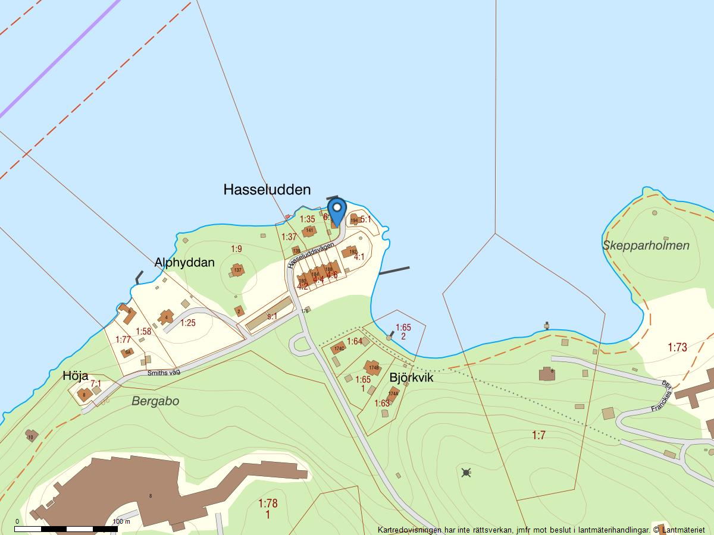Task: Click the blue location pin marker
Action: coord(337,211)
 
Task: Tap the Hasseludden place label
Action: coord(267,190)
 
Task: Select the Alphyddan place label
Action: coord(184,262)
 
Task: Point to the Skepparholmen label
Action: coord(646,246)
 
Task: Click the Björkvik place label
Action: coord(411,377)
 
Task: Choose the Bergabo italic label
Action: coord(155,401)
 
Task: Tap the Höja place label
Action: coord(76,376)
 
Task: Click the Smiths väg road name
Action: coord(164,372)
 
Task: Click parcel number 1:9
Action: coord(237,248)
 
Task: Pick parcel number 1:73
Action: coord(677,348)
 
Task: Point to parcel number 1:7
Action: coord(538,436)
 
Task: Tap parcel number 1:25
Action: coord(188,323)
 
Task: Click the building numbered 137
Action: coord(237,270)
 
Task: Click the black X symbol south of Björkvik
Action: coord(466,473)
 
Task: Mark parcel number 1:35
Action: coord(307,219)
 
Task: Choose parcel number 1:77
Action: coord(123,340)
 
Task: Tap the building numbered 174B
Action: coord(373,367)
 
